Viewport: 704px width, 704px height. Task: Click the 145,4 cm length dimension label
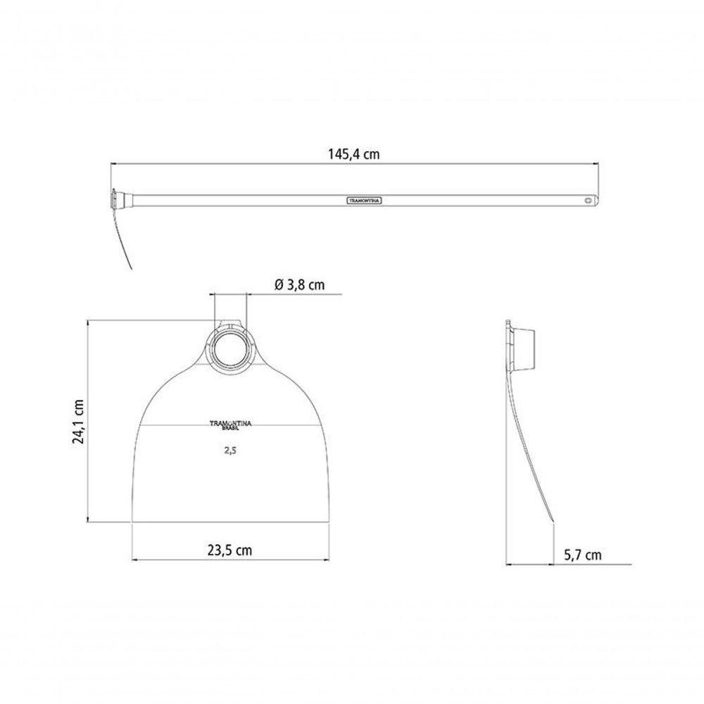click(354, 154)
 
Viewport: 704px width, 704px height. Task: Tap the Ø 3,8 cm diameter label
click(299, 284)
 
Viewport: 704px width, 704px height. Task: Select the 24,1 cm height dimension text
click(79, 421)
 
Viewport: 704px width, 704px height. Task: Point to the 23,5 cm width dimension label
click(230, 550)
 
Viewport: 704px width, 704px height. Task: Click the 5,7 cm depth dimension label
click(583, 555)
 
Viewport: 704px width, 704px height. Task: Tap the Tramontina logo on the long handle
click(364, 201)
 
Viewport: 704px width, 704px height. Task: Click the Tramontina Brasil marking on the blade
click(231, 425)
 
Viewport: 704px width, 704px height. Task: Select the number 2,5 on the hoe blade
click(230, 451)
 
